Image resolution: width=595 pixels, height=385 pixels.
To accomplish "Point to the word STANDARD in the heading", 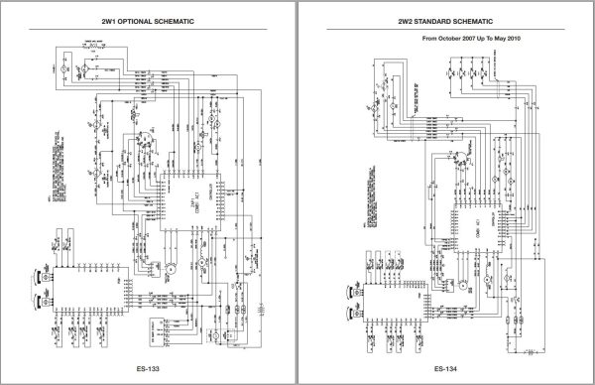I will tap(441, 20).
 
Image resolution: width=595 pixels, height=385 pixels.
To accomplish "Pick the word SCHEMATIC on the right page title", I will tap(493, 20).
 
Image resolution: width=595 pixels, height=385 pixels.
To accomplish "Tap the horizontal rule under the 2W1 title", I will tap(148, 31).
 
